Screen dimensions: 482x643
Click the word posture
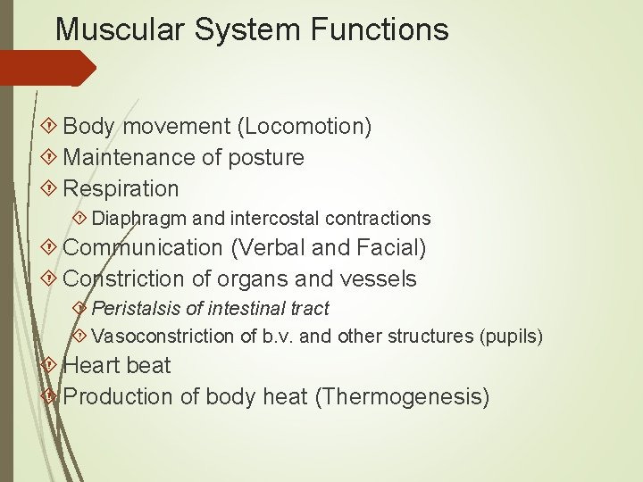pos(266,158)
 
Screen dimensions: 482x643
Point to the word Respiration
pos(121,188)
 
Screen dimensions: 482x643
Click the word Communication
pos(143,247)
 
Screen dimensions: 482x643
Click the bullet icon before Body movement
pos(50,127)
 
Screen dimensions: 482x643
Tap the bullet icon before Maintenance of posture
pos(50,158)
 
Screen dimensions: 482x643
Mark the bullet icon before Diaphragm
pos(79,219)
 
